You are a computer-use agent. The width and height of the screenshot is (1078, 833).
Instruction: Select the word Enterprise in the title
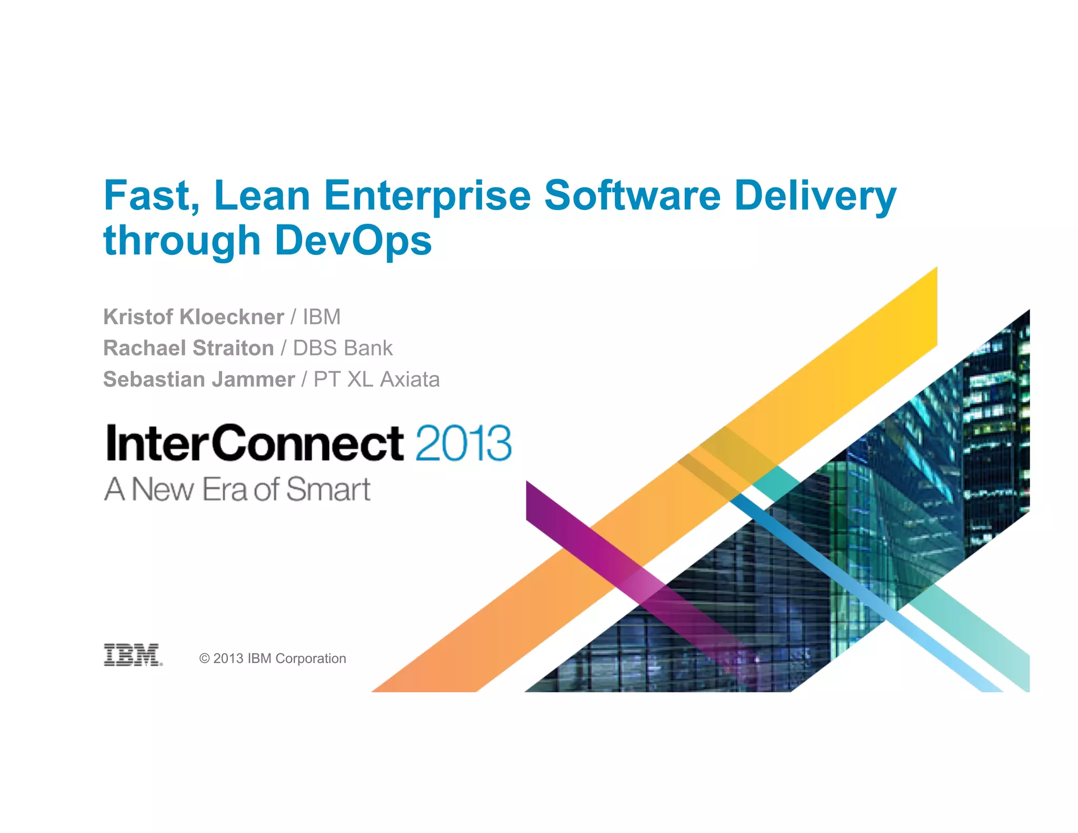pyautogui.click(x=427, y=195)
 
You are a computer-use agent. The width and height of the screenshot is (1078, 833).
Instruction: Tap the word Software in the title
pyautogui.click(x=632, y=195)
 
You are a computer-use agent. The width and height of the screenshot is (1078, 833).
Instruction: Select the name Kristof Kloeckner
pyautogui.click(x=193, y=317)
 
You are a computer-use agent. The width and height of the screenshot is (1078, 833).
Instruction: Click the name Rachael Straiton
pyautogui.click(x=188, y=348)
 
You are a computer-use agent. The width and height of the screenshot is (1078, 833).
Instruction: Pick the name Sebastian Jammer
pyautogui.click(x=198, y=379)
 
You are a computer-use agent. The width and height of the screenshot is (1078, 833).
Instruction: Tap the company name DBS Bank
pyautogui.click(x=343, y=348)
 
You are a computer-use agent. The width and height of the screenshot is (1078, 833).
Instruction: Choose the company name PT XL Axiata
pyautogui.click(x=376, y=379)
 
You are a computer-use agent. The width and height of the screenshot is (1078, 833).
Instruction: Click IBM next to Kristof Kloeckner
pyautogui.click(x=322, y=317)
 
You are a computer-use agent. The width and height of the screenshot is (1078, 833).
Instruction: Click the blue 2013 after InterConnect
pyautogui.click(x=463, y=443)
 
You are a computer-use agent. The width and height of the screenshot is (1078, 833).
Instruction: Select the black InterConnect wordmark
pyautogui.click(x=255, y=443)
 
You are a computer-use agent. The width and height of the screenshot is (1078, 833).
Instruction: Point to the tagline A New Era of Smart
pyautogui.click(x=237, y=489)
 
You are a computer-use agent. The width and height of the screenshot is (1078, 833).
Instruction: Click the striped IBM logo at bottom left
pyautogui.click(x=133, y=654)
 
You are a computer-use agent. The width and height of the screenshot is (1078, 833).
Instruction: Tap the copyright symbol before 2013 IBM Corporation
pyautogui.click(x=205, y=659)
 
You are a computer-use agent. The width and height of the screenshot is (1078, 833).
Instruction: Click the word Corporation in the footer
pyautogui.click(x=311, y=659)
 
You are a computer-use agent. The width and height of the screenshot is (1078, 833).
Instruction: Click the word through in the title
pyautogui.click(x=182, y=241)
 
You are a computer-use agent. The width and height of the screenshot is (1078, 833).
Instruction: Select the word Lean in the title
pyautogui.click(x=262, y=195)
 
